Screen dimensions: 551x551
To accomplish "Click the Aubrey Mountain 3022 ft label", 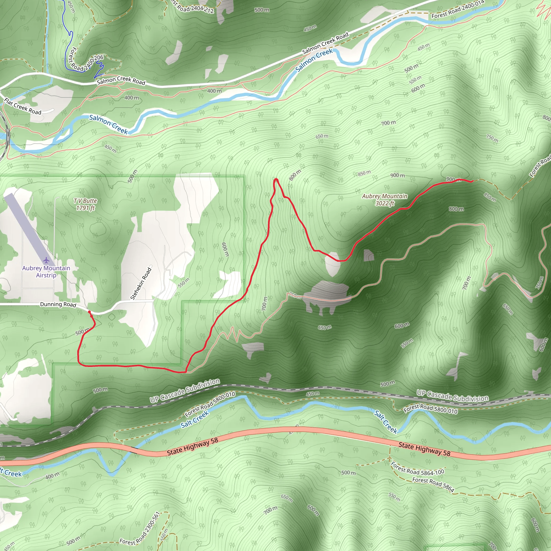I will (x=384, y=200).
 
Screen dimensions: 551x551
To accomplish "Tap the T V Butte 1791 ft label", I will (x=85, y=204).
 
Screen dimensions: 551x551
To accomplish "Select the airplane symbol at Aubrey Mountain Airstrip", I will (x=46, y=260).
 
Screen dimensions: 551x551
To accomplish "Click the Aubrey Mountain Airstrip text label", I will (x=46, y=271).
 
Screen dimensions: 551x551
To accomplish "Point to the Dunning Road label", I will (x=58, y=304).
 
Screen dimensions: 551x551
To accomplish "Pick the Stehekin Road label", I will (x=141, y=284).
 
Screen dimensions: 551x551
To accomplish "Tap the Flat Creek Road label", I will (x=23, y=106).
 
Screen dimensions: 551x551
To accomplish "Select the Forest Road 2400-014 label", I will (x=457, y=9).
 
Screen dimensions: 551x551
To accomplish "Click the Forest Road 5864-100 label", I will (x=417, y=469).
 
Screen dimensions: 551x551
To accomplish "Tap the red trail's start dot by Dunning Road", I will (x=89, y=312).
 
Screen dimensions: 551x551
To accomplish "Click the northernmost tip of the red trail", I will (x=276, y=179).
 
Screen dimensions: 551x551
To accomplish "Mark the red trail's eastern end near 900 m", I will (x=472, y=181).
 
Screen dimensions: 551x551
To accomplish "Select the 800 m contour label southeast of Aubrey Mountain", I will (x=456, y=209).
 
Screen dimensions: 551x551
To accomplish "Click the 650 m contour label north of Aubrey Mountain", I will (x=322, y=136).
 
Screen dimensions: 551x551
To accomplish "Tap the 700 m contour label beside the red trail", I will (x=264, y=303).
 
